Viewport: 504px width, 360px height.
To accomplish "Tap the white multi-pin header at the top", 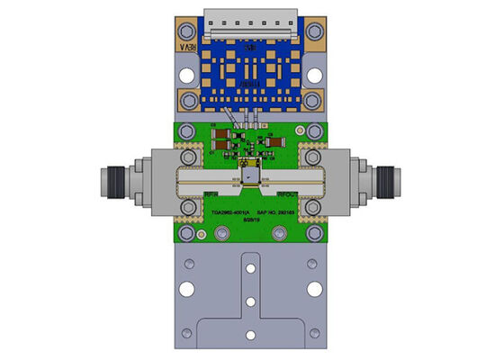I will (x=251, y=20).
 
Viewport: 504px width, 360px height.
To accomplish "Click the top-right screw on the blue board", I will (x=314, y=34).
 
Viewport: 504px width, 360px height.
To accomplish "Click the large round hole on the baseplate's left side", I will (x=187, y=289).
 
